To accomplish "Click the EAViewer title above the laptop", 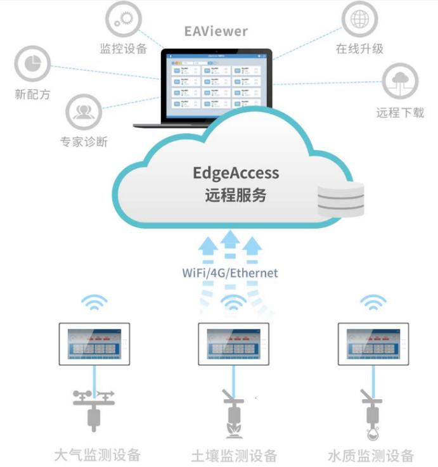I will point(216,30).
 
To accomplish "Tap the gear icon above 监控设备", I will point(123,20).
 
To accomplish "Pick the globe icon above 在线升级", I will point(359,20).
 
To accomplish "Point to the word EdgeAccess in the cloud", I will point(236,173).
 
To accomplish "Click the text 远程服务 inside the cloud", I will point(236,195).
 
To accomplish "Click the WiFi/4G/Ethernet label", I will point(229,273).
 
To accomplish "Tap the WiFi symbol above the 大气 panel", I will point(93,302).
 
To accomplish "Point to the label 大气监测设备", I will point(96,454).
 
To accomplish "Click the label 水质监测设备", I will point(371,455).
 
